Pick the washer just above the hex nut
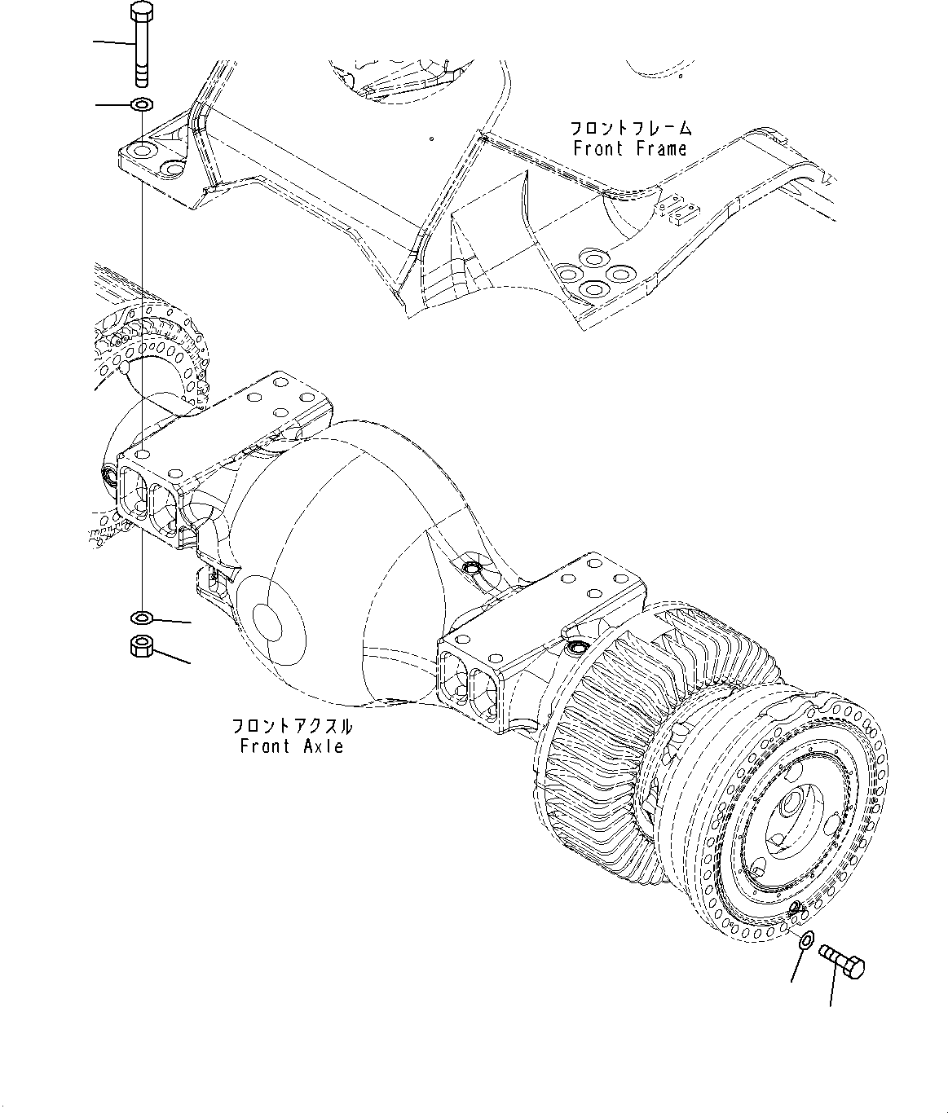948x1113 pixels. point(142,616)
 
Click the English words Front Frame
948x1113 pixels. point(629,149)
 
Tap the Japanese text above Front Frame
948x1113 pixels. point(630,128)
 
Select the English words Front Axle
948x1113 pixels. point(291,746)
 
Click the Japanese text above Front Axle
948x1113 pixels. point(292,725)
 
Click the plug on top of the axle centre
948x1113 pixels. point(470,565)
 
